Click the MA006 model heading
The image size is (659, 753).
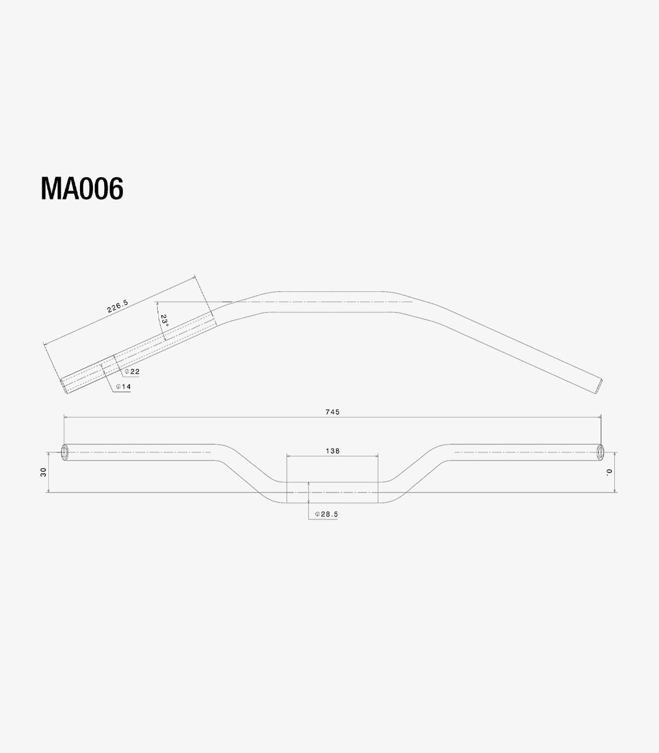click(82, 189)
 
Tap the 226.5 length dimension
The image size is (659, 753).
click(118, 306)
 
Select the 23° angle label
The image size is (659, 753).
click(164, 321)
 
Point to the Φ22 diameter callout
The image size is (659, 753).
click(132, 372)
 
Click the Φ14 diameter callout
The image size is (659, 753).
click(124, 387)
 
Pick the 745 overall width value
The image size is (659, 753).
click(332, 412)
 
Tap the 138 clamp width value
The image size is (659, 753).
click(332, 451)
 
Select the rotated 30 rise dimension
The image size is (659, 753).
click(44, 472)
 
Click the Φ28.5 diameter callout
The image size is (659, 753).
click(327, 514)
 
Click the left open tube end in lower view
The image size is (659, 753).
click(65, 452)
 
